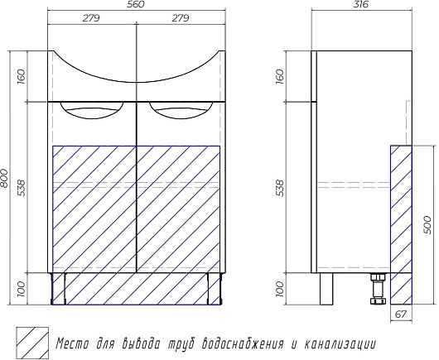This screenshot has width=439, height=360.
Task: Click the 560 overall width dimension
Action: pos(137,4)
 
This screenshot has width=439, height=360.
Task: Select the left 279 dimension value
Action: pos(91,18)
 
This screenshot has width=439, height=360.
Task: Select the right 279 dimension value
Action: pos(181,18)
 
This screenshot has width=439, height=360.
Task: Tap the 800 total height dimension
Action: pos(4,178)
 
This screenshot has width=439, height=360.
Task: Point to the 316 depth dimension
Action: pos(361,4)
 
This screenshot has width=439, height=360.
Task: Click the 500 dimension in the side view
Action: pos(427,224)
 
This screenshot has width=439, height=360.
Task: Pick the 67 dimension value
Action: pos(401,314)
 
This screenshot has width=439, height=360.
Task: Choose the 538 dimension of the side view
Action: pos(280,188)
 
